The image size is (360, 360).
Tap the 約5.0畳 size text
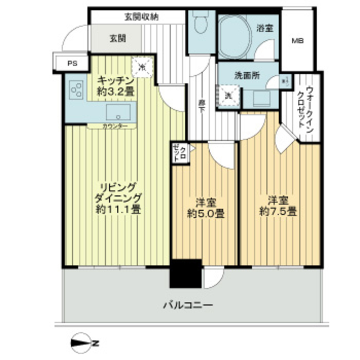click(x=206, y=214)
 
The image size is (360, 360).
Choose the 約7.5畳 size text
click(x=278, y=211)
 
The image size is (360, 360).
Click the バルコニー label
click(x=188, y=306)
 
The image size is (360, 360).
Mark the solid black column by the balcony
click(x=185, y=273)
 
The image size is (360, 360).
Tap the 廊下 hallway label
click(x=202, y=104)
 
